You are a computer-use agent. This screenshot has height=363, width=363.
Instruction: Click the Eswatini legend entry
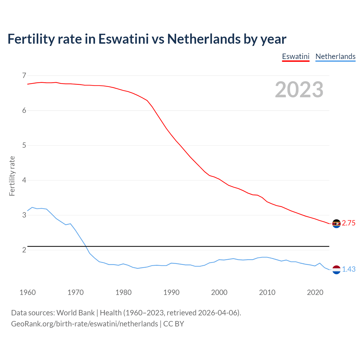(x=296, y=56)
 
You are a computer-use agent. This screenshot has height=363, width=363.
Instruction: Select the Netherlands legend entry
(x=335, y=56)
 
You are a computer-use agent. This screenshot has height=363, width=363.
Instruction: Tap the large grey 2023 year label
(x=299, y=90)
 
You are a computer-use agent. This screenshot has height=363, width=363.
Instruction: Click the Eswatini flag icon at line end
(x=336, y=223)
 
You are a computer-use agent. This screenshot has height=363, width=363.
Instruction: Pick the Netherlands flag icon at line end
(x=336, y=269)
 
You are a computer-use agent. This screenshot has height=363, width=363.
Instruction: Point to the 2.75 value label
(x=349, y=223)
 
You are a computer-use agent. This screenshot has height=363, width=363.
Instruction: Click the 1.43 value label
(x=349, y=269)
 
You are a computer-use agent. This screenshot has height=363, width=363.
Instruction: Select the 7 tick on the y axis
(x=24, y=75)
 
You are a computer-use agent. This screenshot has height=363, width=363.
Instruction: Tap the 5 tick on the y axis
(x=24, y=145)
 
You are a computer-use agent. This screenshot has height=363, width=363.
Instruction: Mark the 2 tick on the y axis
(x=24, y=250)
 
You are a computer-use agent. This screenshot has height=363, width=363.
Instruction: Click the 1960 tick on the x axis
(x=28, y=292)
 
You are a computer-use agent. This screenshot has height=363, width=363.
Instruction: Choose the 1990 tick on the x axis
(x=171, y=292)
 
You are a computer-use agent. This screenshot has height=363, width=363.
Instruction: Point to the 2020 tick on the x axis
(x=315, y=292)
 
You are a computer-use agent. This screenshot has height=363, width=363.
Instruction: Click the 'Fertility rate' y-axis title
(x=12, y=176)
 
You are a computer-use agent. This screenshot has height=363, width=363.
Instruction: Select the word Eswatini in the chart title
(x=123, y=39)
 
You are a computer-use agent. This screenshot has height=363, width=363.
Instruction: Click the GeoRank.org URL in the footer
(x=85, y=324)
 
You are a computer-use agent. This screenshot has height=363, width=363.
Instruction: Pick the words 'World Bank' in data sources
(x=75, y=313)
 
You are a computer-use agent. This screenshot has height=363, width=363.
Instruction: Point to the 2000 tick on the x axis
(x=219, y=292)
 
